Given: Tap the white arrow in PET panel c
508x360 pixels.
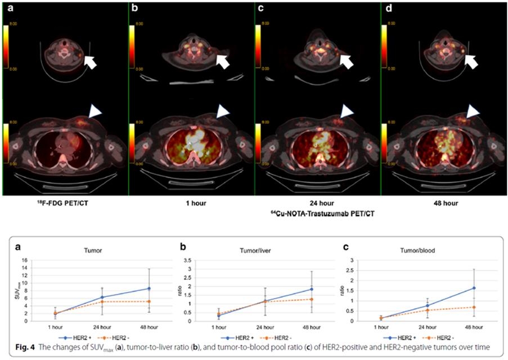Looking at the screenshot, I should pyautogui.click(x=347, y=61).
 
